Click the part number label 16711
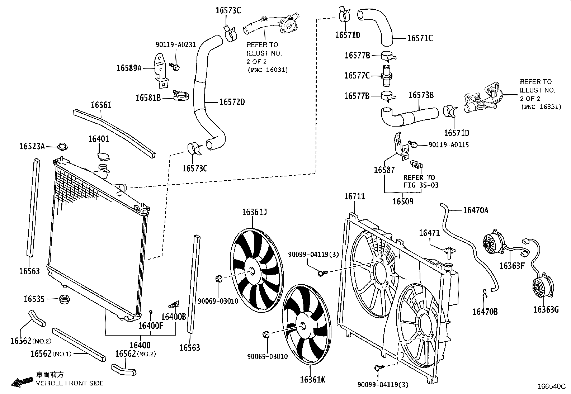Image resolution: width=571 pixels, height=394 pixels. pos(354,196)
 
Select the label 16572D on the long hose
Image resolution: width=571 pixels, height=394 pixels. pos(232,102)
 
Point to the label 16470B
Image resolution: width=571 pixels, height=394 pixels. pos(485,312)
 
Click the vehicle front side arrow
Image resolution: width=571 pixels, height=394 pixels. pos(21,381)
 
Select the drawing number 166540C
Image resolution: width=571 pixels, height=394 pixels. pos(551,386)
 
